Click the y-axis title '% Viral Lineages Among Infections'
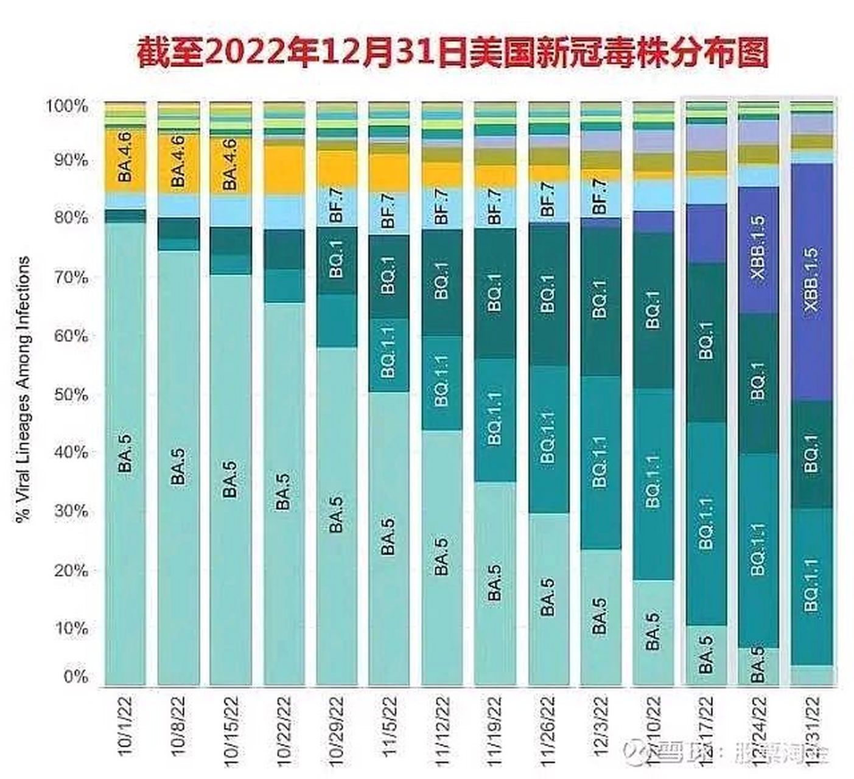23,389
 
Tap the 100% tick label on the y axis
67,106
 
